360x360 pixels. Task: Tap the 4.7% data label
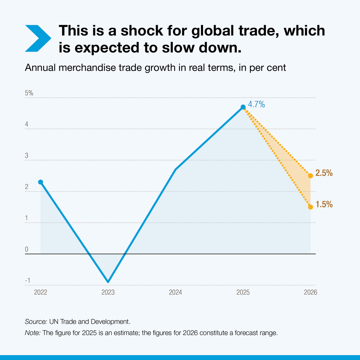pos(256,104)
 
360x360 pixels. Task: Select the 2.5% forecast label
pos(324,173)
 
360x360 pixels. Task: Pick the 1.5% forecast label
pos(324,205)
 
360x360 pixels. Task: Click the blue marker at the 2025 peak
pos(243,107)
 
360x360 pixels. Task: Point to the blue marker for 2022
pos(40,182)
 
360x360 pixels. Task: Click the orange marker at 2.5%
pos(310,176)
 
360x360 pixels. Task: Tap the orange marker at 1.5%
pos(310,207)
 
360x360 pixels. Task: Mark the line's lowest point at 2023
pos(108,282)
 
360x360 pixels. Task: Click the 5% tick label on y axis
pos(29,93)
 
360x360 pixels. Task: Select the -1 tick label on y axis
pos(28,280)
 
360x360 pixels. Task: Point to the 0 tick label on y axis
pos(27,249)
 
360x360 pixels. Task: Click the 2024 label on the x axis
pos(175,292)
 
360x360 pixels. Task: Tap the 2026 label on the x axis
pos(310,292)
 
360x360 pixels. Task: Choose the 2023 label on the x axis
pos(108,292)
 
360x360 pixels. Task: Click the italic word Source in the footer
pos(36,322)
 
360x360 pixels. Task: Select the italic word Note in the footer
pos(32,333)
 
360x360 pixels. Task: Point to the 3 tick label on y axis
pos(27,155)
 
